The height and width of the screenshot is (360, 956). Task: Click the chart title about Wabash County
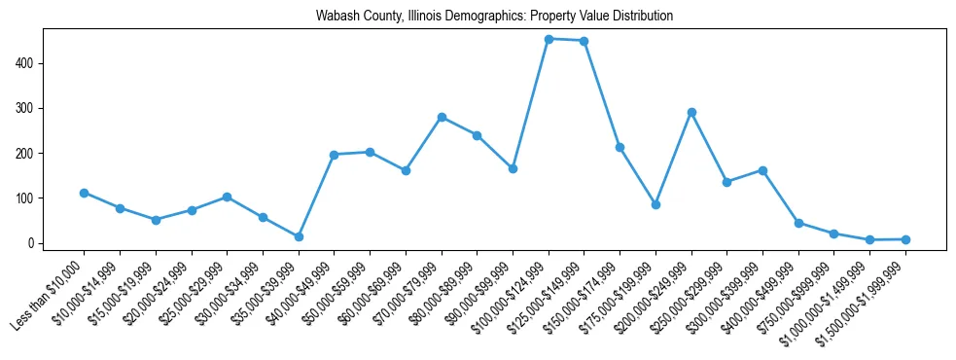point(494,17)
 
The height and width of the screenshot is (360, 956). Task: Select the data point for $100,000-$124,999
point(549,39)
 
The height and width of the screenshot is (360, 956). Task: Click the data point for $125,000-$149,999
point(584,41)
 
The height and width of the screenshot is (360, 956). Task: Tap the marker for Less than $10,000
point(85,193)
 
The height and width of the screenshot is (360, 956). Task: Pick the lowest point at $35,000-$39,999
point(299,236)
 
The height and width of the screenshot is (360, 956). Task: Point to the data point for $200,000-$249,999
point(691,112)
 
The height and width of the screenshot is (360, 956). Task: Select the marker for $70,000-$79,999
point(442,117)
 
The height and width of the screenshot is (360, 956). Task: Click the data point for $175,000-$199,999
point(655,204)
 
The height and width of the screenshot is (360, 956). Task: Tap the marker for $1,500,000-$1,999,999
point(905,238)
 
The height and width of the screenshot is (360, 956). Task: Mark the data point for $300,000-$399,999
point(762,170)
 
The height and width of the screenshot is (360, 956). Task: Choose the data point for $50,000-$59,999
point(370,152)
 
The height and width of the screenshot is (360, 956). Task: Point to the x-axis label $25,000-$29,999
point(193,288)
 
